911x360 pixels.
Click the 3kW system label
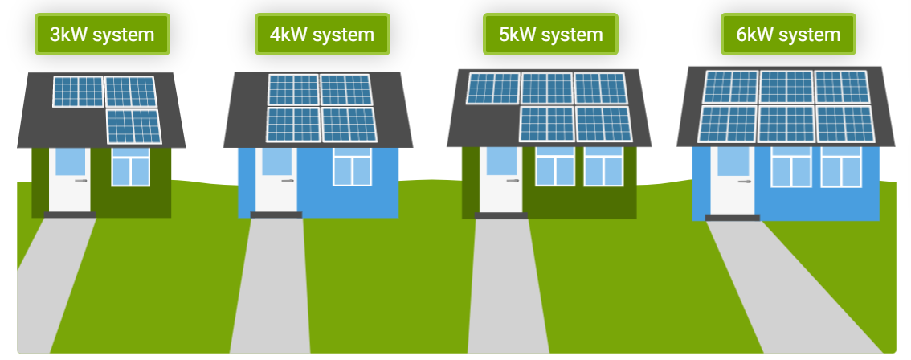point(101,35)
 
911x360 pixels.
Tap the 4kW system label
point(322,35)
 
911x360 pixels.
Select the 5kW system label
point(550,35)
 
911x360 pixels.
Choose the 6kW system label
point(788,35)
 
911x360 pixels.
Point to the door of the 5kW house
point(500,189)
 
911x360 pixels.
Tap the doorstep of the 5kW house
point(501,215)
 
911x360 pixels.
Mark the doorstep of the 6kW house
point(732,218)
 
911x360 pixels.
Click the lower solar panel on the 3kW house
point(134,127)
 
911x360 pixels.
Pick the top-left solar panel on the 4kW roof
point(293,89)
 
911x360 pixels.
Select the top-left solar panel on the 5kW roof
point(493,88)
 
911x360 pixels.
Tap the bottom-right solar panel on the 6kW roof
point(844,123)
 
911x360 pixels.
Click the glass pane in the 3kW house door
point(69,161)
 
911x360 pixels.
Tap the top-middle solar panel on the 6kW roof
point(786,87)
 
